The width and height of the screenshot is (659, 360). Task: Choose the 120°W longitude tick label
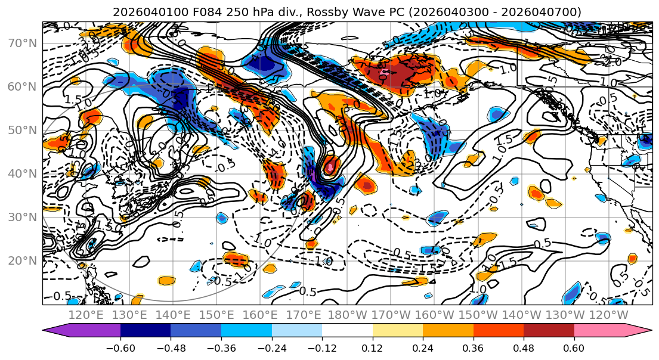[608, 315]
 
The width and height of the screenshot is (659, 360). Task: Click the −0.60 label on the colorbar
[120, 347]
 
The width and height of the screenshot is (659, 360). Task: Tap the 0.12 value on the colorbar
[372, 347]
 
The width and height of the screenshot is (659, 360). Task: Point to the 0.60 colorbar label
[574, 347]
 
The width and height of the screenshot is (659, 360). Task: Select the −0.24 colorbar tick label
[271, 347]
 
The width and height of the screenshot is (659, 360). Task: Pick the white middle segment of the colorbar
[347, 331]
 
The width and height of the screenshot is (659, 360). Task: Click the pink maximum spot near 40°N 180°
[329, 167]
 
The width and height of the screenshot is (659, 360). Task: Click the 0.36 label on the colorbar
[473, 347]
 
